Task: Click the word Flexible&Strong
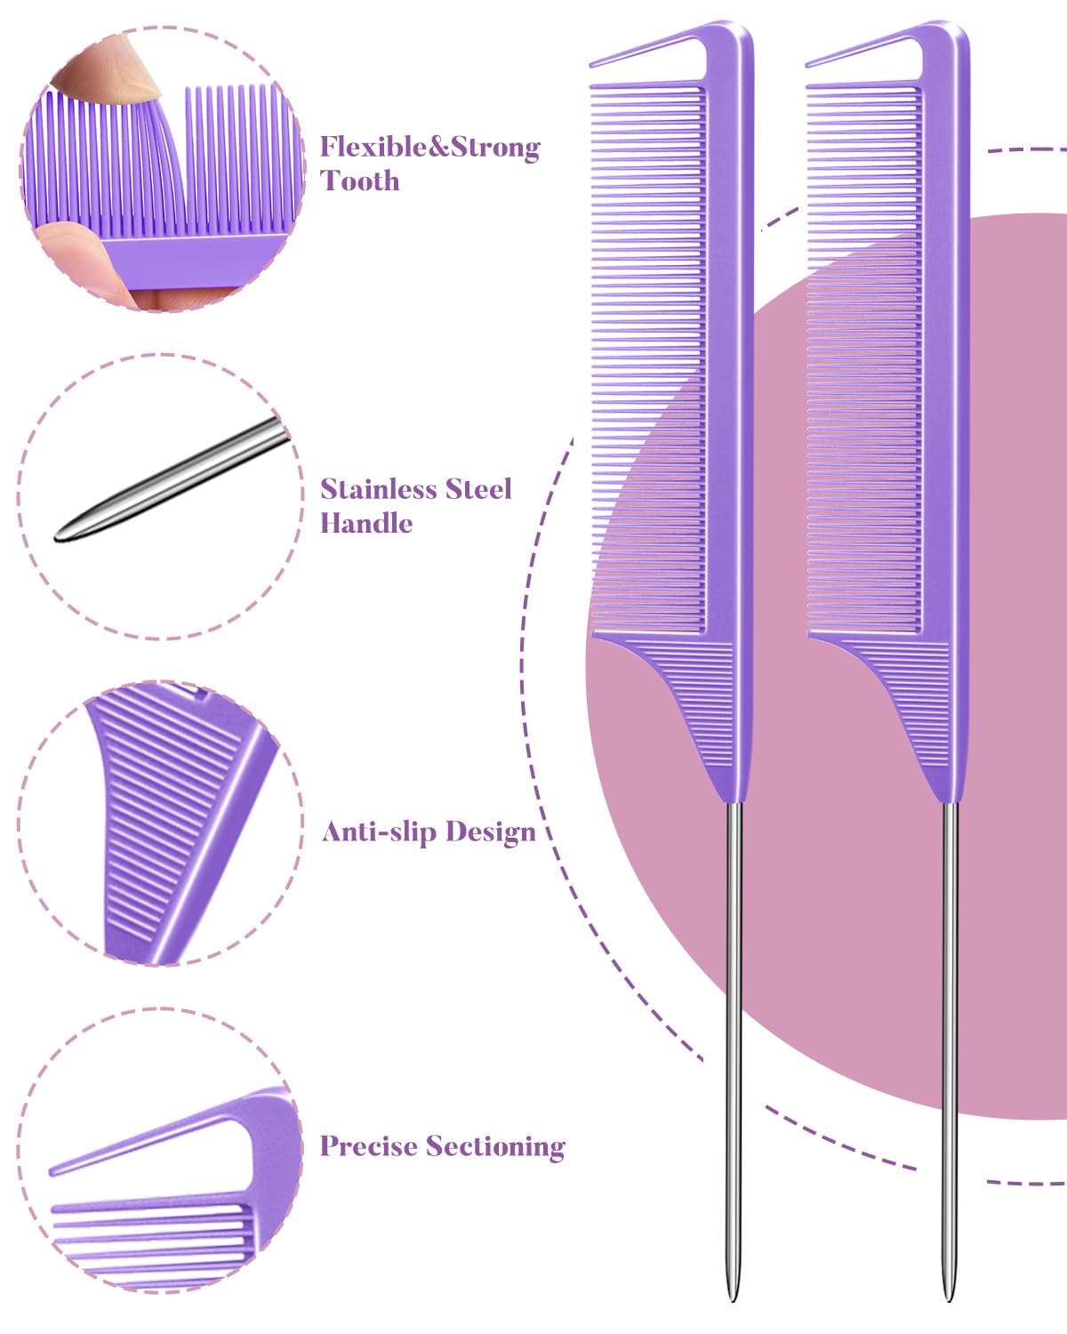click(x=429, y=148)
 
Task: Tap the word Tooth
click(x=359, y=181)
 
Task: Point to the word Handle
click(x=365, y=523)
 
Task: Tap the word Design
click(x=491, y=832)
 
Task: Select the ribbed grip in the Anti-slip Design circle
click(x=160, y=800)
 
